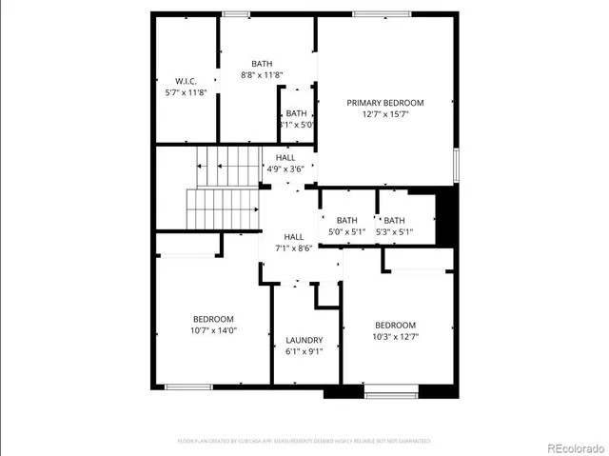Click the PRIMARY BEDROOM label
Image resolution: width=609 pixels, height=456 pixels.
[x=384, y=103]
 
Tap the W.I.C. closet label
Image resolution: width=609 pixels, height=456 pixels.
[x=185, y=81]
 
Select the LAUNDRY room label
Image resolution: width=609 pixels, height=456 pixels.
[x=304, y=340]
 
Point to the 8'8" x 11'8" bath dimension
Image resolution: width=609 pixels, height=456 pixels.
[x=261, y=74]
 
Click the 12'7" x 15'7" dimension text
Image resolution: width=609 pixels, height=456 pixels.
[x=384, y=114]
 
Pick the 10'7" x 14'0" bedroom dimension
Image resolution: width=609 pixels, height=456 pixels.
[x=214, y=330]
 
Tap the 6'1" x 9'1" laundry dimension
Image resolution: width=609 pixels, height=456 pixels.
[x=304, y=351]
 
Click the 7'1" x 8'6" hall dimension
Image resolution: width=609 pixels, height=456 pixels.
[x=293, y=248]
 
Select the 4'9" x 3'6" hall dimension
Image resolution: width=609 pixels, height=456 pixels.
[x=285, y=169]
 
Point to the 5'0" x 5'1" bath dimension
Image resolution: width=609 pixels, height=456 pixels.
[x=346, y=231]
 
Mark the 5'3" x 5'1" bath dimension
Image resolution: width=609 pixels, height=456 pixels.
[x=394, y=231]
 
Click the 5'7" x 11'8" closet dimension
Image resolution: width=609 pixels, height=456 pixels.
[x=185, y=92]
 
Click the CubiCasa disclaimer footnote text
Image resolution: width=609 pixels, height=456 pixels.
[x=304, y=441]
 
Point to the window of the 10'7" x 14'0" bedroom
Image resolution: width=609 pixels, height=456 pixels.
[x=187, y=387]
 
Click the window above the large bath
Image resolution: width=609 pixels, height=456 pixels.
[x=235, y=13]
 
